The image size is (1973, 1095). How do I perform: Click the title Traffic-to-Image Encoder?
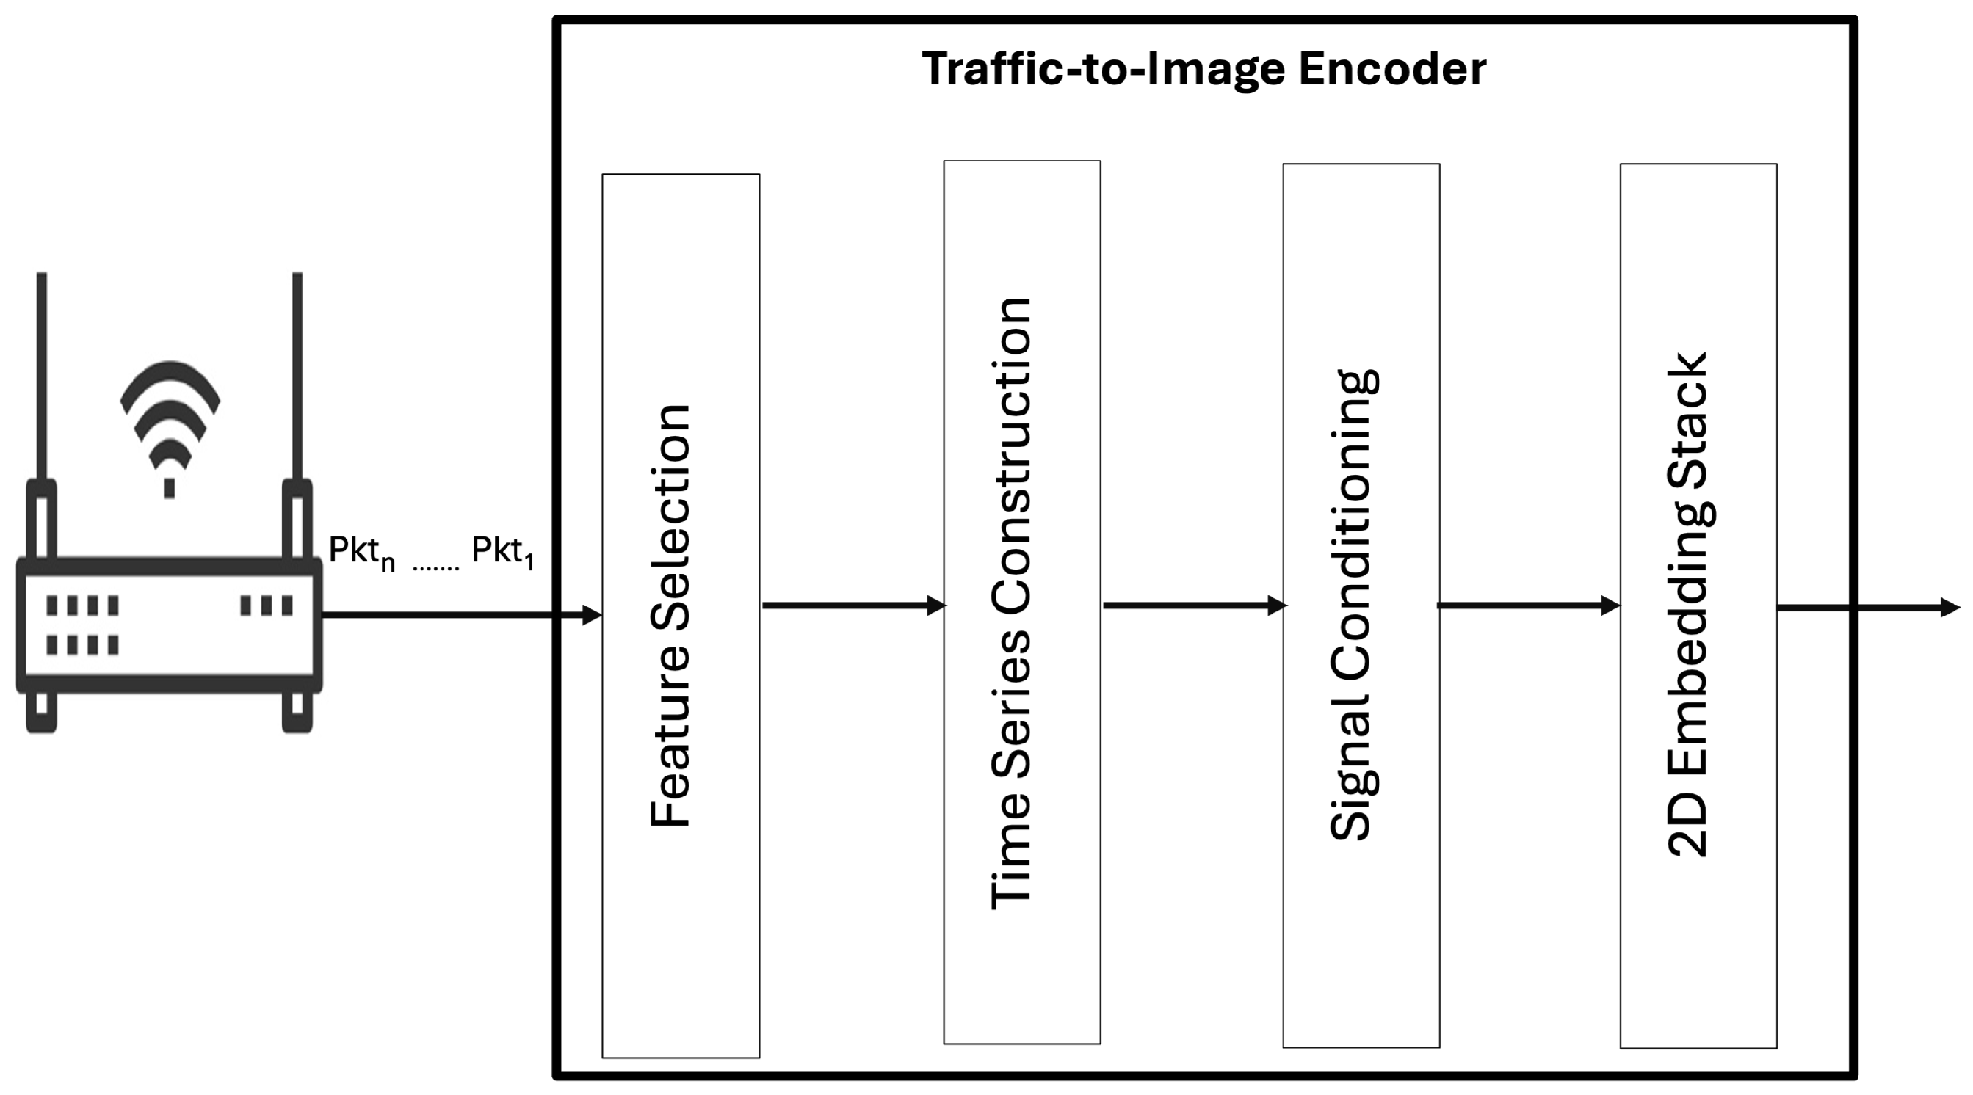click(x=1203, y=69)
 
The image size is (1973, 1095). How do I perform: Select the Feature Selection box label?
click(x=671, y=616)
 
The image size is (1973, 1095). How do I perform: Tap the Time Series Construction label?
click(x=1011, y=603)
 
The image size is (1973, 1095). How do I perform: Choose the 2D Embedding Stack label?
click(x=1688, y=605)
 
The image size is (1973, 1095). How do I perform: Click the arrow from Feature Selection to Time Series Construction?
click(x=853, y=605)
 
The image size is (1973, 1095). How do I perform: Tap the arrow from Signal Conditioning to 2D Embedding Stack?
click(x=1529, y=605)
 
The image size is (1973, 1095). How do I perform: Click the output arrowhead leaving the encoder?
click(x=1949, y=608)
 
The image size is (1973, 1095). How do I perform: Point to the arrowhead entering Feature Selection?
click(x=591, y=614)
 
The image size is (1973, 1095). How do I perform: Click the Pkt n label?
click(x=361, y=552)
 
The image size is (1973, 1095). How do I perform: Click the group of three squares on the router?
click(x=266, y=605)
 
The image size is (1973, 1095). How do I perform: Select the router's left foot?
click(x=41, y=713)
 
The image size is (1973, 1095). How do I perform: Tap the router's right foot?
click(x=297, y=713)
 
